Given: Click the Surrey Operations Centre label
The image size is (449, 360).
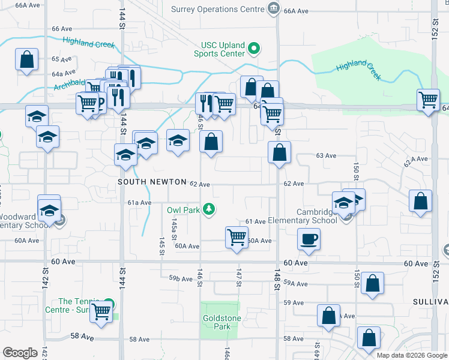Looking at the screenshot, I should coord(217,9).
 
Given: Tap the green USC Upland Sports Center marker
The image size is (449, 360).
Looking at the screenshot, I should coord(254,49).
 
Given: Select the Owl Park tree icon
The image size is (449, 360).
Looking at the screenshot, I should coord(209,209).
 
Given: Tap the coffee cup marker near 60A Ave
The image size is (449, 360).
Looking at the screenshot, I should coord(309,240).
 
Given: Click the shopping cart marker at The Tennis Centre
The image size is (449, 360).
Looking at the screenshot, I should coord(101,311).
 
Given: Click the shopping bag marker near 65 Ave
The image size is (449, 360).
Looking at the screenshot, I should coord(27,60).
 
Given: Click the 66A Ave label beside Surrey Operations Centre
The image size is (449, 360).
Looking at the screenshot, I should coord(295,11).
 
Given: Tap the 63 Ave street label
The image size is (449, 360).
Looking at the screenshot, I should coord(326,155).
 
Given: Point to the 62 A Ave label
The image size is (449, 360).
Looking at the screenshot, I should coord(415,160).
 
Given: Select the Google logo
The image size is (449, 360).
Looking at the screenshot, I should coord(20,353).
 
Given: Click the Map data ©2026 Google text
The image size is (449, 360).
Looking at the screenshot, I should coord(411,355).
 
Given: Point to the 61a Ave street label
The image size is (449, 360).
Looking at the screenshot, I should coord(139,203).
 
